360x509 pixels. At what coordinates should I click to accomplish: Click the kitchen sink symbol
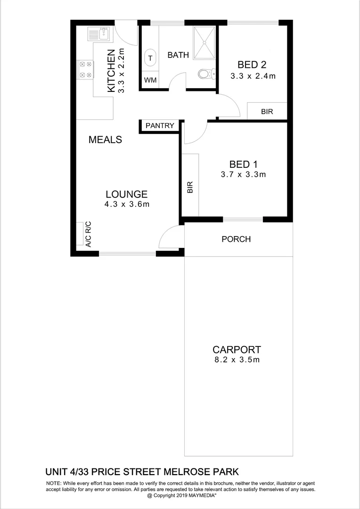pyautogui.click(x=98, y=34)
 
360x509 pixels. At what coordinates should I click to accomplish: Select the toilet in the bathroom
pyautogui.click(x=206, y=74)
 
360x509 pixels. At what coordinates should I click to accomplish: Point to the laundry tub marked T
pyautogui.click(x=150, y=58)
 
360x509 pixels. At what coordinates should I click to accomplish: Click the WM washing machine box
pyautogui.click(x=150, y=80)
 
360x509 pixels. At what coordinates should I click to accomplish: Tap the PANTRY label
pyautogui.click(x=160, y=126)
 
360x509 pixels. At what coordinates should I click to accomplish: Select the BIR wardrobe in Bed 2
pyautogui.click(x=267, y=111)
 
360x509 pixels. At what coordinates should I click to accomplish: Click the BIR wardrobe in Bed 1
pyautogui.click(x=190, y=185)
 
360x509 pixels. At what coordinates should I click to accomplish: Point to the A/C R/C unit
pyautogui.click(x=88, y=234)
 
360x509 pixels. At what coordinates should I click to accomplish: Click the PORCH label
pyautogui.click(x=236, y=239)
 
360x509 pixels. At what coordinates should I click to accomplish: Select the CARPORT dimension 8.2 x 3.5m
pyautogui.click(x=236, y=360)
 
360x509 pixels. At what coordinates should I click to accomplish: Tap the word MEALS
pyautogui.click(x=106, y=140)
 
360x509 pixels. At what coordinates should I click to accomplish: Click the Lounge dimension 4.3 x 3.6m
pyautogui.click(x=127, y=204)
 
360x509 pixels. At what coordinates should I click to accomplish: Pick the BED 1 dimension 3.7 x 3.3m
pyautogui.click(x=243, y=174)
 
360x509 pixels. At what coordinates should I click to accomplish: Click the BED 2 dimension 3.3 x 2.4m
pyautogui.click(x=253, y=75)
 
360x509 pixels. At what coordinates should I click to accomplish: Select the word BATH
pyautogui.click(x=178, y=55)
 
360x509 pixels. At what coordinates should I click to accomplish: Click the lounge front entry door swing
pyautogui.click(x=170, y=237)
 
